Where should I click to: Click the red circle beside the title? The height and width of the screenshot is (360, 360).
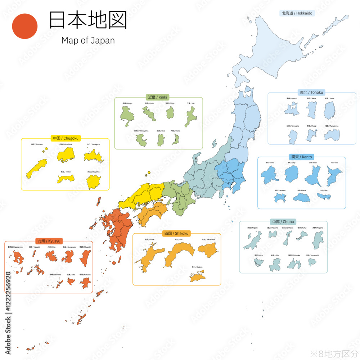[25, 26]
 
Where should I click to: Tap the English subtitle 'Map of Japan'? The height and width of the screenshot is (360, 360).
[88, 40]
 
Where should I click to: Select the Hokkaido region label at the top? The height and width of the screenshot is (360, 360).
[297, 13]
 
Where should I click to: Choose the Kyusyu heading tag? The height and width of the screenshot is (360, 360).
[49, 240]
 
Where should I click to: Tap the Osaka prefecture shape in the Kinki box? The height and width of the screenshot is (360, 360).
[175, 139]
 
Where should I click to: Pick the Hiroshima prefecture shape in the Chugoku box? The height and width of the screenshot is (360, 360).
[66, 155]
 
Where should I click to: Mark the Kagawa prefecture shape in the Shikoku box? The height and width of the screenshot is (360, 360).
[197, 277]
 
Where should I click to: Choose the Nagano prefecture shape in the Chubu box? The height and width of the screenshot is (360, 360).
[318, 240]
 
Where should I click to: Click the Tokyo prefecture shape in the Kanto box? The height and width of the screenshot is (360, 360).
[324, 196]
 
